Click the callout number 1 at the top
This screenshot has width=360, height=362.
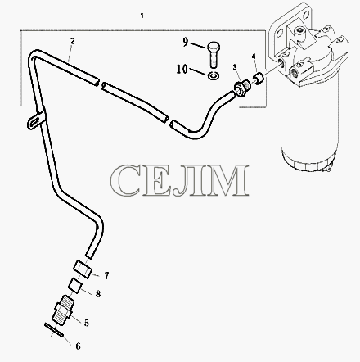pyautogui.click(x=142, y=16)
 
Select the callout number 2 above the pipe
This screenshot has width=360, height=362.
pyautogui.click(x=72, y=41)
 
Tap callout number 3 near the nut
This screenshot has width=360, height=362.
pyautogui.click(x=235, y=67)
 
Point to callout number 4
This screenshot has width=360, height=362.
pyautogui.click(x=254, y=57)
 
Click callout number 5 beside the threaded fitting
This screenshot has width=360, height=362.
pyautogui.click(x=87, y=323)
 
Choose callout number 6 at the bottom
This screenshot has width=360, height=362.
pyautogui.click(x=78, y=346)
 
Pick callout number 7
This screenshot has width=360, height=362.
pyautogui.click(x=106, y=276)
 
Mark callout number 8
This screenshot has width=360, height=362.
pyautogui.click(x=98, y=294)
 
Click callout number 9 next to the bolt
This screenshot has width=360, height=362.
pyautogui.click(x=186, y=42)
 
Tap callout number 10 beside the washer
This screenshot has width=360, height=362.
pyautogui.click(x=182, y=70)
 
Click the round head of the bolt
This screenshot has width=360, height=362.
pyautogui.click(x=214, y=47)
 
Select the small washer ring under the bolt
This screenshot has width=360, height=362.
pyautogui.click(x=213, y=76)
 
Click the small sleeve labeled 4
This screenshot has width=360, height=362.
pyautogui.click(x=258, y=79)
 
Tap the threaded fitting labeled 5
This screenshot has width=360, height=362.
pyautogui.click(x=63, y=310)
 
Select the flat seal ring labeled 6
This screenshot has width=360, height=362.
pyautogui.click(x=53, y=330)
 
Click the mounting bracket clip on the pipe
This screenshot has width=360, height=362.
pyautogui.click(x=35, y=120)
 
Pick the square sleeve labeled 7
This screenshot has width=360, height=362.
pyautogui.click(x=83, y=269)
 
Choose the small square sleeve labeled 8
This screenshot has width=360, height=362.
pyautogui.click(x=75, y=286)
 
